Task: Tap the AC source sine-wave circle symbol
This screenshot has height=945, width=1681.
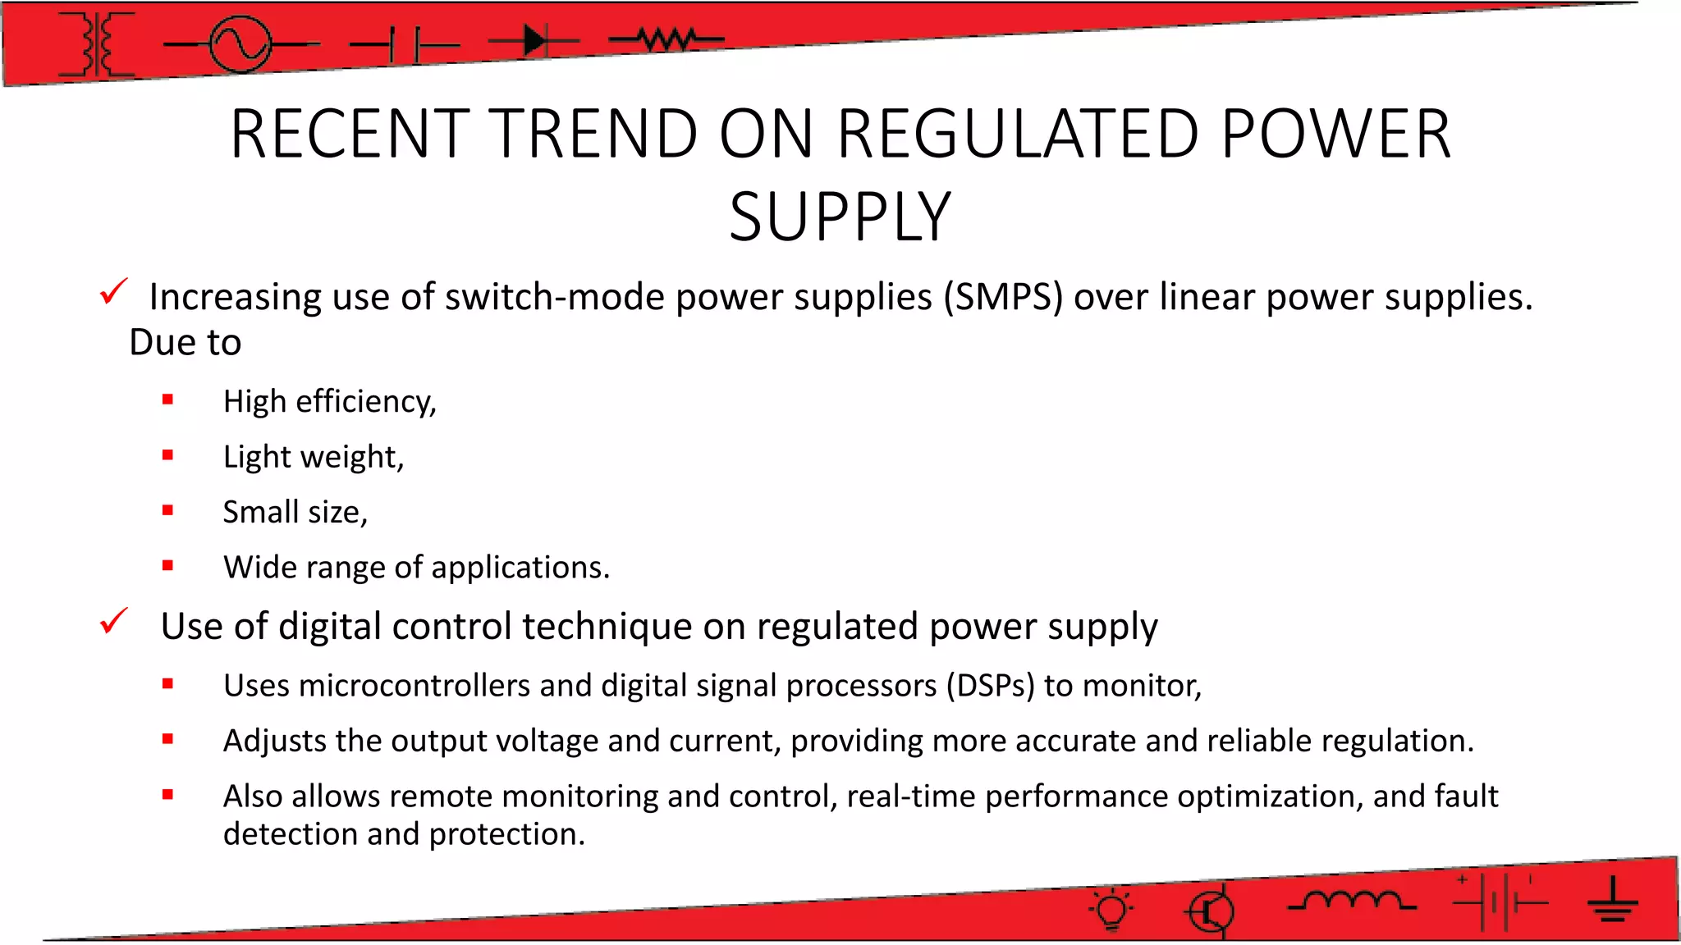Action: (x=240, y=44)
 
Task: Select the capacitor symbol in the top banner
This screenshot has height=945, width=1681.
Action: (x=405, y=44)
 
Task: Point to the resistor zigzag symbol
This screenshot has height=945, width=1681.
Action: (x=667, y=39)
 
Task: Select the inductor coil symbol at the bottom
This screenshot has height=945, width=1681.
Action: (x=1352, y=901)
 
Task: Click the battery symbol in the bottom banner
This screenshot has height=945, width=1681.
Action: (x=1500, y=903)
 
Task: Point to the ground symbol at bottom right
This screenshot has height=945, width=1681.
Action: (x=1612, y=901)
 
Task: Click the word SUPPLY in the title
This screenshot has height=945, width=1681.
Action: (x=840, y=217)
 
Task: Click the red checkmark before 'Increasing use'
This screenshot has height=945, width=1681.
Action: (x=113, y=291)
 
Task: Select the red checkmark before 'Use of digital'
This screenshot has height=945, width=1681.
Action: (x=113, y=621)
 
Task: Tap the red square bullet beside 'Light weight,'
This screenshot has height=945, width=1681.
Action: (x=168, y=455)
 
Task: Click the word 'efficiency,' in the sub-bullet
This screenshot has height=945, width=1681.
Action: (x=366, y=402)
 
